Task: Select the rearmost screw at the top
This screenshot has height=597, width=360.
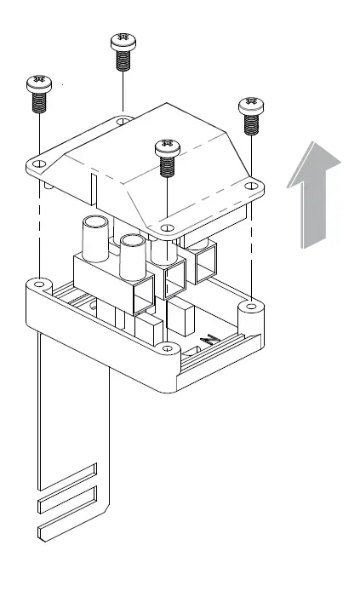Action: pyautogui.click(x=123, y=51)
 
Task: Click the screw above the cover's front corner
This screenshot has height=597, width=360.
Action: pyautogui.click(x=167, y=155)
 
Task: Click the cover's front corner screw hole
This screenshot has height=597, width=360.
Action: pyautogui.click(x=167, y=228)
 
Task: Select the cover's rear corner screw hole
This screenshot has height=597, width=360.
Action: pyautogui.click(x=124, y=123)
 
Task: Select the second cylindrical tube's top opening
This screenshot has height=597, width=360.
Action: pyautogui.click(x=133, y=241)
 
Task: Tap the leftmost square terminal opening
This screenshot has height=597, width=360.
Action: pyautogui.click(x=144, y=294)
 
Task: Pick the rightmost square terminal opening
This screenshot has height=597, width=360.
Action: pyautogui.click(x=205, y=264)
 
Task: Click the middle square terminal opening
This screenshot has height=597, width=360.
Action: pyautogui.click(x=174, y=276)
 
